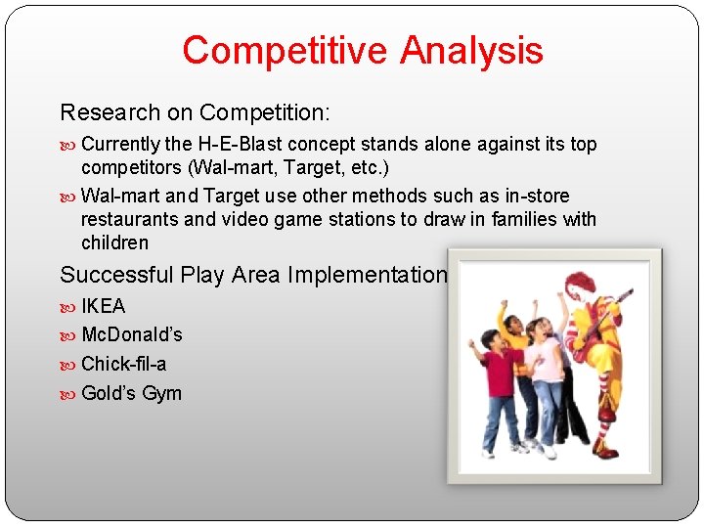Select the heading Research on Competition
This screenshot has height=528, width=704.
(196, 112)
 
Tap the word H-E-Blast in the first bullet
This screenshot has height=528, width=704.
(251, 145)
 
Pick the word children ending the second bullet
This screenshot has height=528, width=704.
(114, 242)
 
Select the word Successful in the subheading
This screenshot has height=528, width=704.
(115, 276)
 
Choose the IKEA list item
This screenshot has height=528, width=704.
(104, 306)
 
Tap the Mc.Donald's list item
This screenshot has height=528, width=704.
(131, 335)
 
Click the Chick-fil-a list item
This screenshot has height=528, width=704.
(123, 364)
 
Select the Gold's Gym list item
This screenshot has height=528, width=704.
(131, 393)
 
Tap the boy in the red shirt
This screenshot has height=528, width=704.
(499, 381)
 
